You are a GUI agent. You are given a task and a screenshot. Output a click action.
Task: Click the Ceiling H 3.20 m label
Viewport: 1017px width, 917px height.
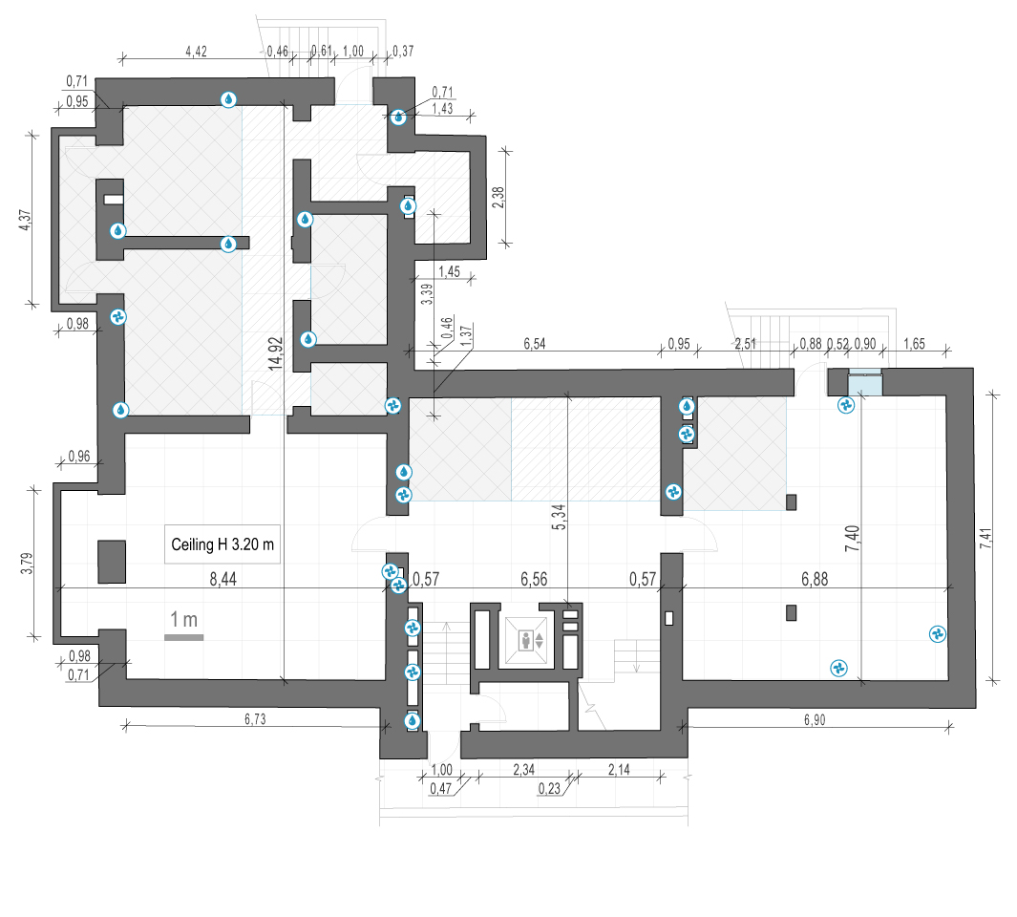[x=222, y=544]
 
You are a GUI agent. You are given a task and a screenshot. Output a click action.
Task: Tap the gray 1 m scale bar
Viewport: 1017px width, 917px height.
[x=183, y=637]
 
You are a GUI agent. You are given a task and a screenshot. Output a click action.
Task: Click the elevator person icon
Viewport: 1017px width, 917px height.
[x=526, y=641]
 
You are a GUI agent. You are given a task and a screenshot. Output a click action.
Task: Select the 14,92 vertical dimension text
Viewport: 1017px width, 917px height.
[x=276, y=353]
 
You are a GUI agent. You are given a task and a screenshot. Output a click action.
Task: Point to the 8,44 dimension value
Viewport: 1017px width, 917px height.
[x=223, y=579]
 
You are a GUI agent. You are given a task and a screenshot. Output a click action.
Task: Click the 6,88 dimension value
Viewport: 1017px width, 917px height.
[x=815, y=579]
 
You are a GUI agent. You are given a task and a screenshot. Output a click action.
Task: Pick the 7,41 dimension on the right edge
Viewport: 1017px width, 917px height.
[x=985, y=539]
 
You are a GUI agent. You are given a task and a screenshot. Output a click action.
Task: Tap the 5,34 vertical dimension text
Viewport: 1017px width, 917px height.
[x=559, y=517]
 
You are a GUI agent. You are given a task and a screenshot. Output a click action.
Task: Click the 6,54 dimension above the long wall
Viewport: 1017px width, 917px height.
[x=535, y=343]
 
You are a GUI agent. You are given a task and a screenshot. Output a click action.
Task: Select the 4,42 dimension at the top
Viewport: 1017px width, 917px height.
[x=196, y=52]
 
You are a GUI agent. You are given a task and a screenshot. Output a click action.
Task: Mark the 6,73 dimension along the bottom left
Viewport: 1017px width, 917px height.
[x=255, y=719]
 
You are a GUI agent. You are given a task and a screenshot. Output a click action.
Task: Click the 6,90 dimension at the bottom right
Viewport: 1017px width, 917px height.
[x=815, y=719]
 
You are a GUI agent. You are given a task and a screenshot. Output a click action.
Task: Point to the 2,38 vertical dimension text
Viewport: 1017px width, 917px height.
[x=498, y=198]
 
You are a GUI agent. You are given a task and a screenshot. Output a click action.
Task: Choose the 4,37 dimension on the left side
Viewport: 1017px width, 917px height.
[x=24, y=220]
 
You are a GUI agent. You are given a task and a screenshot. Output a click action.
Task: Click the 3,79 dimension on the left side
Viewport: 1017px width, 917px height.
[x=26, y=563]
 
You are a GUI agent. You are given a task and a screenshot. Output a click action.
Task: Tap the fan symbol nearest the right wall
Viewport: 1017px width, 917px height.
[x=937, y=634]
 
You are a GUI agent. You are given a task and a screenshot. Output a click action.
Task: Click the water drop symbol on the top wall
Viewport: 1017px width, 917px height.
[x=228, y=99]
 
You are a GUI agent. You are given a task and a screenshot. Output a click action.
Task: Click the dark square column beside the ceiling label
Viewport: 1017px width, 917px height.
[x=112, y=562]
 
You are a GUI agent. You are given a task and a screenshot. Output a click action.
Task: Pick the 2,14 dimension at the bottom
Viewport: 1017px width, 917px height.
[x=619, y=770]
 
